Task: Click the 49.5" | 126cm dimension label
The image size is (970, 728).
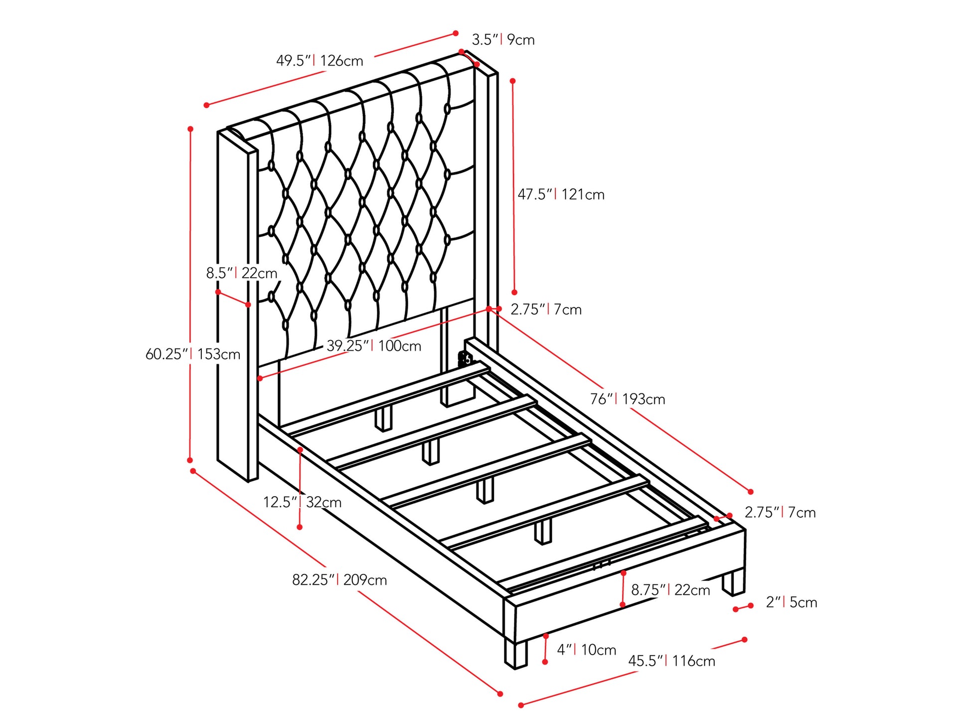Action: click(x=320, y=61)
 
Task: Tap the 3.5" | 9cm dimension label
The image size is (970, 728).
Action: click(x=503, y=39)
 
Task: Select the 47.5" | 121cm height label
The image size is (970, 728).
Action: click(x=561, y=194)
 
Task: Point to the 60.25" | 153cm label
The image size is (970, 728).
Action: click(x=192, y=354)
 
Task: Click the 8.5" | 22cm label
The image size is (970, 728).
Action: click(x=242, y=273)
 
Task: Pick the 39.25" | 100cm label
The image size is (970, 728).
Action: click(x=374, y=346)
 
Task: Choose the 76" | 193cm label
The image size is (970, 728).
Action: click(x=628, y=399)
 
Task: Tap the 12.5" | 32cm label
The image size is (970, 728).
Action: click(x=302, y=502)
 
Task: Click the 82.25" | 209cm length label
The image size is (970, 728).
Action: click(x=339, y=580)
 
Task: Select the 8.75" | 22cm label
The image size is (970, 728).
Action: click(x=670, y=590)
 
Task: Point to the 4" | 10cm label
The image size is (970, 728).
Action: click(x=587, y=650)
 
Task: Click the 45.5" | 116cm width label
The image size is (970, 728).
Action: click(x=671, y=661)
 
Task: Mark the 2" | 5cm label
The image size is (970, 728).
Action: click(x=792, y=602)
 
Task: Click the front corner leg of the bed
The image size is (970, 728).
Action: click(x=515, y=653)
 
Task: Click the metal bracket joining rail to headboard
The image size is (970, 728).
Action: click(x=465, y=358)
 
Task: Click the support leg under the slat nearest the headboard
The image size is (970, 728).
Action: click(x=383, y=418)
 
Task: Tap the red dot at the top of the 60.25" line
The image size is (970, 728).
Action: click(x=190, y=129)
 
